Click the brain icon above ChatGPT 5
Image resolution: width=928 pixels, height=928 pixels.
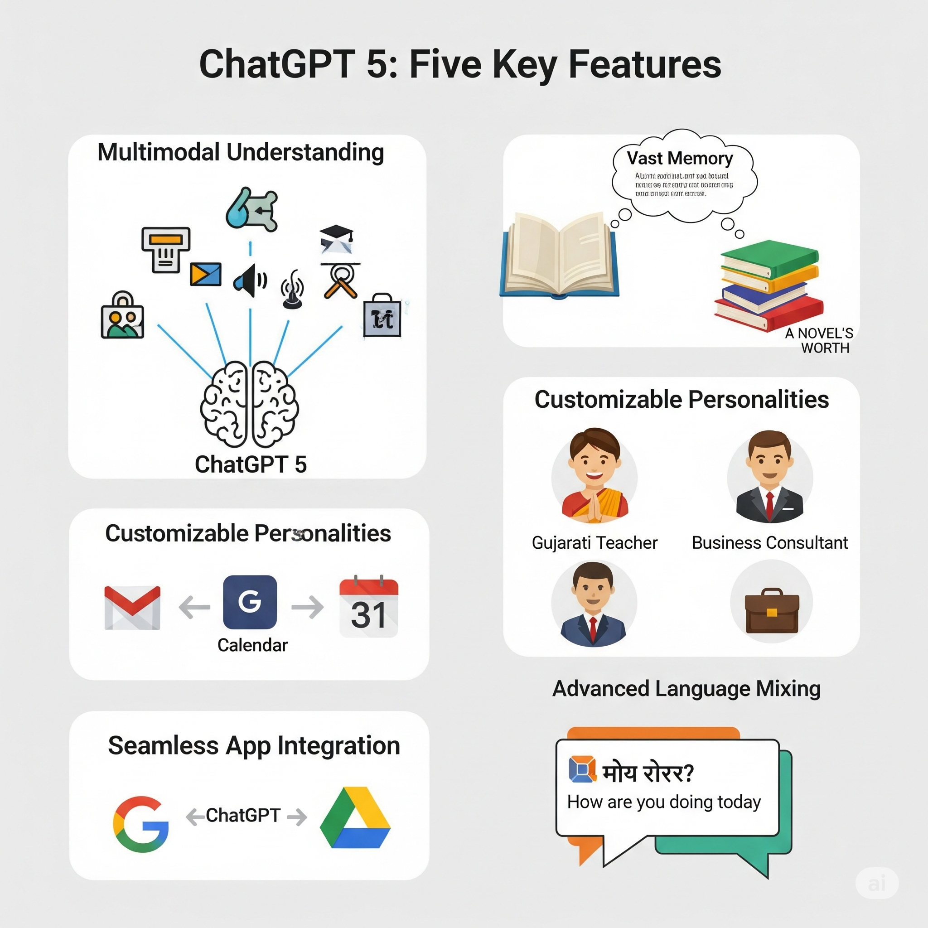pos(249,405)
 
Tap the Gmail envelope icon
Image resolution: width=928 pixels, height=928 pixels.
pos(133,607)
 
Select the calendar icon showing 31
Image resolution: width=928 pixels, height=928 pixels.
pos(368,607)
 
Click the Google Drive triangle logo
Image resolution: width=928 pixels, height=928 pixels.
pos(355,818)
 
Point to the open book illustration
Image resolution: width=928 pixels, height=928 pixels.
pos(559,255)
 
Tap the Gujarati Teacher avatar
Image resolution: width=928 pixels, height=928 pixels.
pos(594,475)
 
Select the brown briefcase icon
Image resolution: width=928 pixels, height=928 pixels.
pos(771,610)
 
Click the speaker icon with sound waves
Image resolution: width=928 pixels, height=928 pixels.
pos(250,280)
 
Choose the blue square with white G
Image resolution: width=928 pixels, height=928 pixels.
pos(250,602)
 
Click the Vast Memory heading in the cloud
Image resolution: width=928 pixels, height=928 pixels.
pos(680,158)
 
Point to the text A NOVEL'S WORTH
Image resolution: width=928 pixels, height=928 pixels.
pos(819,340)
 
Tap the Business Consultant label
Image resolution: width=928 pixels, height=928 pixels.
pos(769,543)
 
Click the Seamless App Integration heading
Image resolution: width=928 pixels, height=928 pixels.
pos(254,746)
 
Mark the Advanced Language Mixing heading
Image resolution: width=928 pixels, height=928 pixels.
pos(686,688)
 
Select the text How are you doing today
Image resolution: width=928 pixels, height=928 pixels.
pos(664,802)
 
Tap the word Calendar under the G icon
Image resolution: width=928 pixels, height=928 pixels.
pos(253,645)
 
